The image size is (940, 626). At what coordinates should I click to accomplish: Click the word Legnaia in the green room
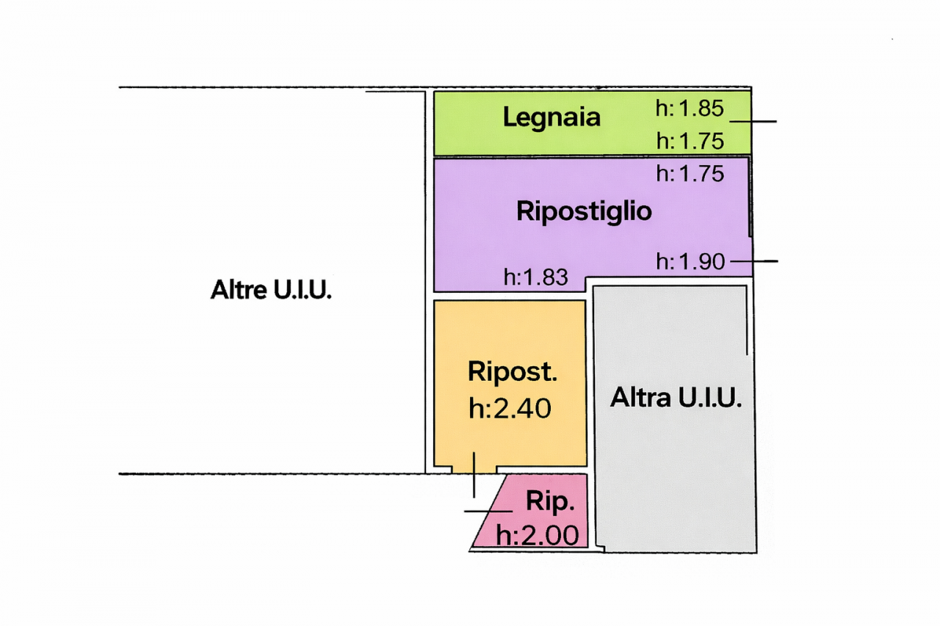click(551, 117)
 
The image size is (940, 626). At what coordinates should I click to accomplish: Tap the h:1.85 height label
click(690, 109)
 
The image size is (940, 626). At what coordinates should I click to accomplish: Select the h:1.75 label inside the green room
click(690, 141)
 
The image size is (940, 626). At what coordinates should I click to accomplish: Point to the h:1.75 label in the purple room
click(690, 174)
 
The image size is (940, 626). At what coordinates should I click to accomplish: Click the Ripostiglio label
click(584, 211)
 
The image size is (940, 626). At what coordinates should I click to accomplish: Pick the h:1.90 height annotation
click(690, 261)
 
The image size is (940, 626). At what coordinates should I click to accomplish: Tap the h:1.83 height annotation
click(536, 277)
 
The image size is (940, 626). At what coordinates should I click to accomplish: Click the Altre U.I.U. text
click(272, 290)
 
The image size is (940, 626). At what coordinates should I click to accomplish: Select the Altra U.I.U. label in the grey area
click(676, 398)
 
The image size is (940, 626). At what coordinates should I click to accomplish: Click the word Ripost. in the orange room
click(513, 371)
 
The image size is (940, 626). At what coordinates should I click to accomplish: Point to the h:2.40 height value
click(510, 408)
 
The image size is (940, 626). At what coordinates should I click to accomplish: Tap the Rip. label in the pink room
click(549, 502)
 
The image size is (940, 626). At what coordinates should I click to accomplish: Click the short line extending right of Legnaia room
click(764, 121)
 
